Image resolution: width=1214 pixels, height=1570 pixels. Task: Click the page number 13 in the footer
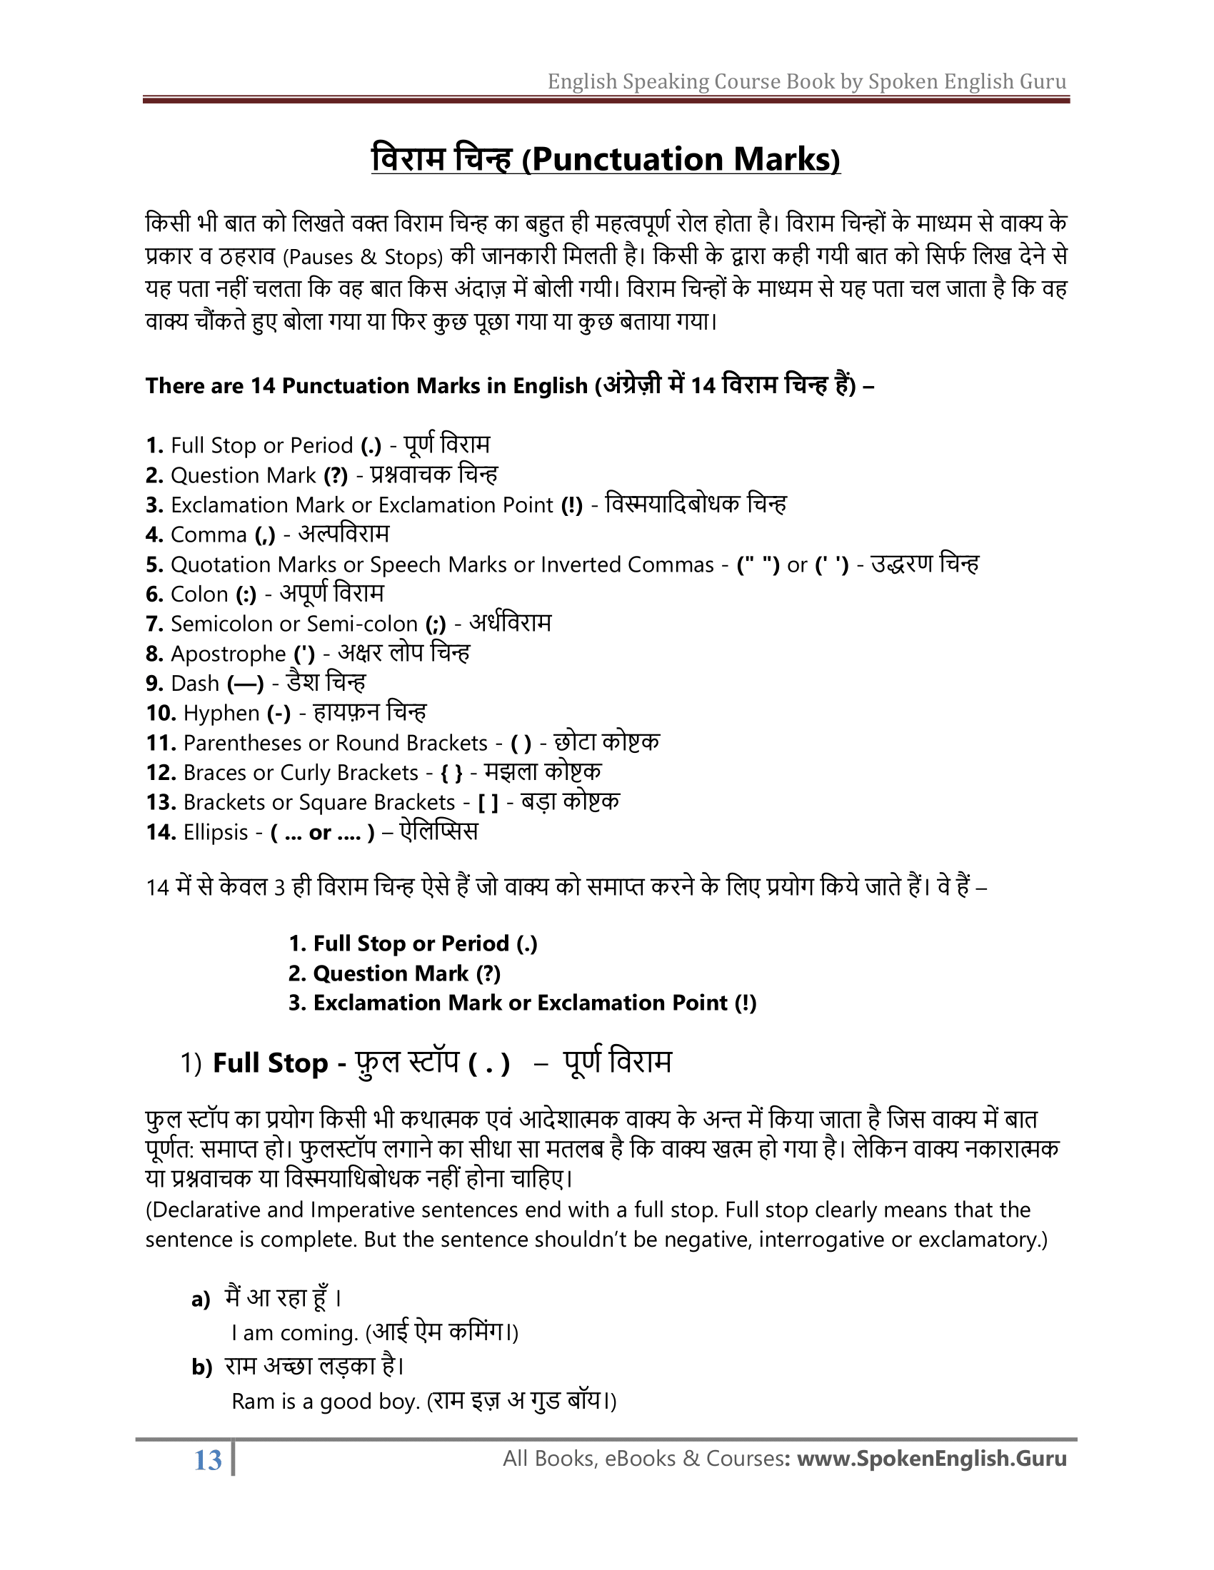pos(208,1460)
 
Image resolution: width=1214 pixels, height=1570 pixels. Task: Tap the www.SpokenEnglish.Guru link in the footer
pos(932,1459)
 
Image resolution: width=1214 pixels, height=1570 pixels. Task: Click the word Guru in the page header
pos(1043,81)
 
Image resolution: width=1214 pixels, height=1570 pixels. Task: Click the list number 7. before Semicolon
pos(155,624)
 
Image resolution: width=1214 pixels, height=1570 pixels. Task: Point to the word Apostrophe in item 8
pos(228,654)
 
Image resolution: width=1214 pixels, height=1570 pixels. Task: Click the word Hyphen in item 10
pos(221,713)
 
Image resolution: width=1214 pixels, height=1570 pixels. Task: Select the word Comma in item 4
pos(209,535)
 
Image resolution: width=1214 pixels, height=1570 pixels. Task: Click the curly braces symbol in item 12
pos(451,773)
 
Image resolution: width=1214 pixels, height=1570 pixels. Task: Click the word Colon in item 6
pos(199,594)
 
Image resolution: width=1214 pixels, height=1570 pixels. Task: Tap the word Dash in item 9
pos(195,684)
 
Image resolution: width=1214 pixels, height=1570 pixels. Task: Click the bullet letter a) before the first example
pos(201,1300)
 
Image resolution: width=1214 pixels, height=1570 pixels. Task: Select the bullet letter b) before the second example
pos(201,1367)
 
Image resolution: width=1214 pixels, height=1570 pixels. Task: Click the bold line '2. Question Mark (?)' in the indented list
pos(394,973)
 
